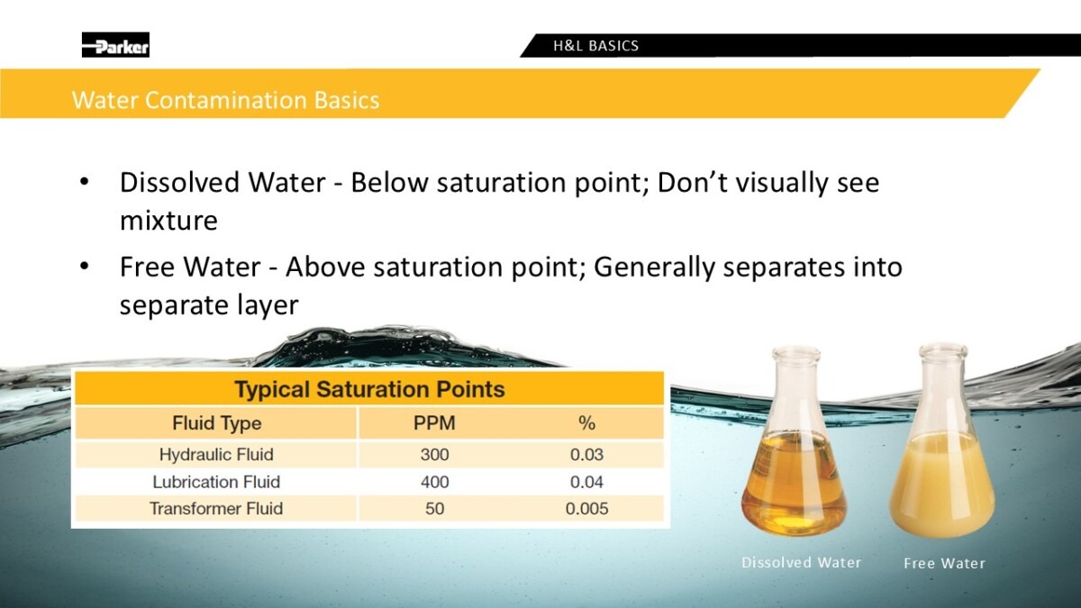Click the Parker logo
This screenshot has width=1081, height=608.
coord(115,45)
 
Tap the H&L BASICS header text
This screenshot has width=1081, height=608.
coord(595,46)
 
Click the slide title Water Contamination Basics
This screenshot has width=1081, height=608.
coord(226,100)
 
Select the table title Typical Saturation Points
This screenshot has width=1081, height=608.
coord(369,389)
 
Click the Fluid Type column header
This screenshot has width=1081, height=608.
coord(217,423)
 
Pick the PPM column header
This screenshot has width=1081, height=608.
coord(434,422)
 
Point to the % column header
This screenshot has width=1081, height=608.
coord(586,423)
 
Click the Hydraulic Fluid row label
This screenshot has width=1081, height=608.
coord(216,455)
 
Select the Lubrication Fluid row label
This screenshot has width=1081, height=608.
coord(216,482)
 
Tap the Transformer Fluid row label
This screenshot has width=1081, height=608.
coord(216,508)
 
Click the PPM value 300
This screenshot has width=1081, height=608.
coord(434,455)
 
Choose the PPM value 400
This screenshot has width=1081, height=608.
coord(434,482)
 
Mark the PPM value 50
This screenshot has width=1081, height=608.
coord(434,509)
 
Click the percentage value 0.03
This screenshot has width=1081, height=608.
coord(586,455)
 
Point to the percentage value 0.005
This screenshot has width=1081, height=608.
coord(586,509)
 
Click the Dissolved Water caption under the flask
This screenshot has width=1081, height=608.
coord(801,563)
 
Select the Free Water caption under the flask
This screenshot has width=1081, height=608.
coord(944,563)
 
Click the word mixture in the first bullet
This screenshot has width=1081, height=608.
coord(168,221)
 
